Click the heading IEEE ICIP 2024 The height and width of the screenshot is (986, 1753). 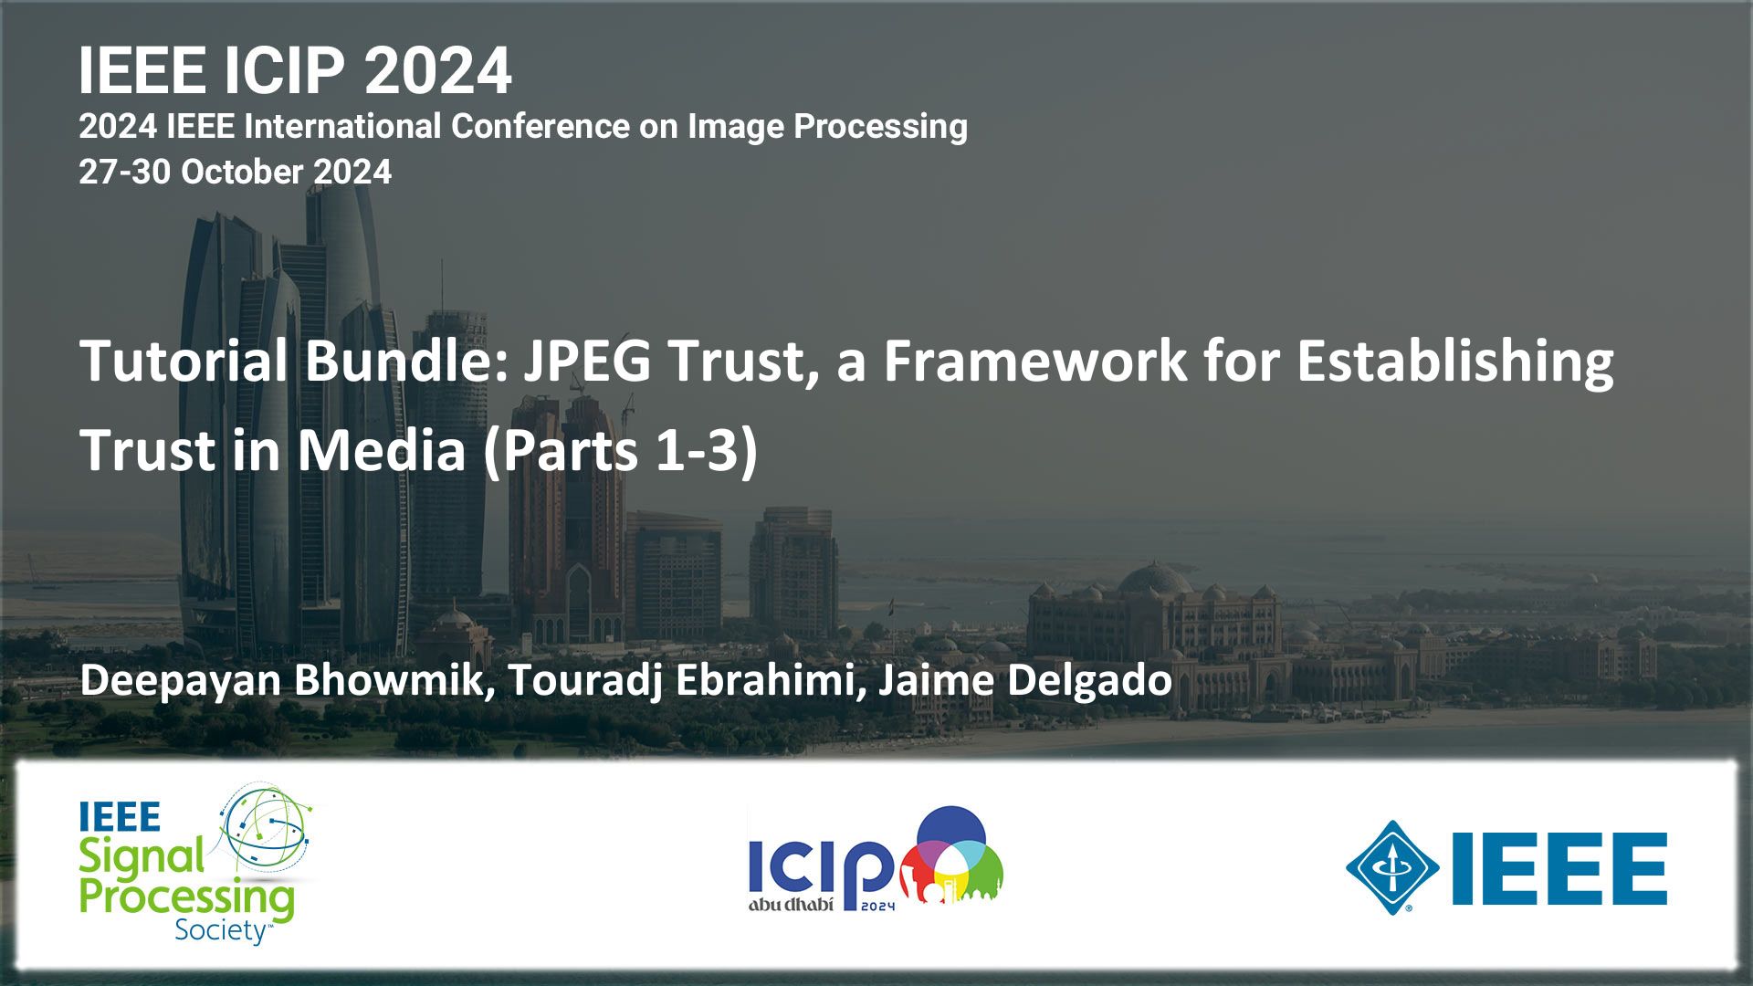pyautogui.click(x=295, y=71)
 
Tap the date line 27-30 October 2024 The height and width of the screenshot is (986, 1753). pyautogui.click(x=235, y=172)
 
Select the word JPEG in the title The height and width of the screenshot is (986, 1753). pyautogui.click(x=587, y=361)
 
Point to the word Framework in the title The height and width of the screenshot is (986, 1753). pyautogui.click(x=1035, y=361)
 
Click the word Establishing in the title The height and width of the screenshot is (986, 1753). pyautogui.click(x=1455, y=362)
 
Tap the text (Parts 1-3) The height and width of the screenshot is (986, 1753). pyautogui.click(x=621, y=451)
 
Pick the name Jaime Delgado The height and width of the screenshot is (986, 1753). pyautogui.click(x=1025, y=681)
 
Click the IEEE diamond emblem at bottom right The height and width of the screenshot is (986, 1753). pyautogui.click(x=1392, y=867)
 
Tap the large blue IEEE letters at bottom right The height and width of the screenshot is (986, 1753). pyautogui.click(x=1559, y=867)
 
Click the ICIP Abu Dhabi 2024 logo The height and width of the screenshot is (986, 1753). pyautogui.click(x=876, y=858)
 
